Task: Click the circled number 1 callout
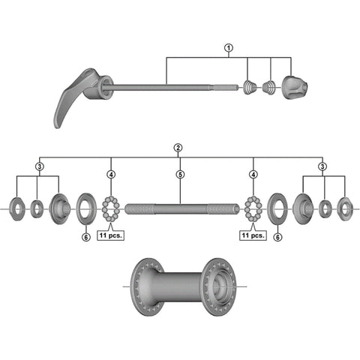[228, 48]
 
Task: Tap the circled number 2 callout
[178, 148]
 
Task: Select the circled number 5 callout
[180, 175]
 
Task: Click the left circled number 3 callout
[40, 166]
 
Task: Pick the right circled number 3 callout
[322, 166]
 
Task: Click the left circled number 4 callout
[111, 175]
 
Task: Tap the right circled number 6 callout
[277, 237]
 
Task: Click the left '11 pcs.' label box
[110, 235]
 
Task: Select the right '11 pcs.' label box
[253, 235]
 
